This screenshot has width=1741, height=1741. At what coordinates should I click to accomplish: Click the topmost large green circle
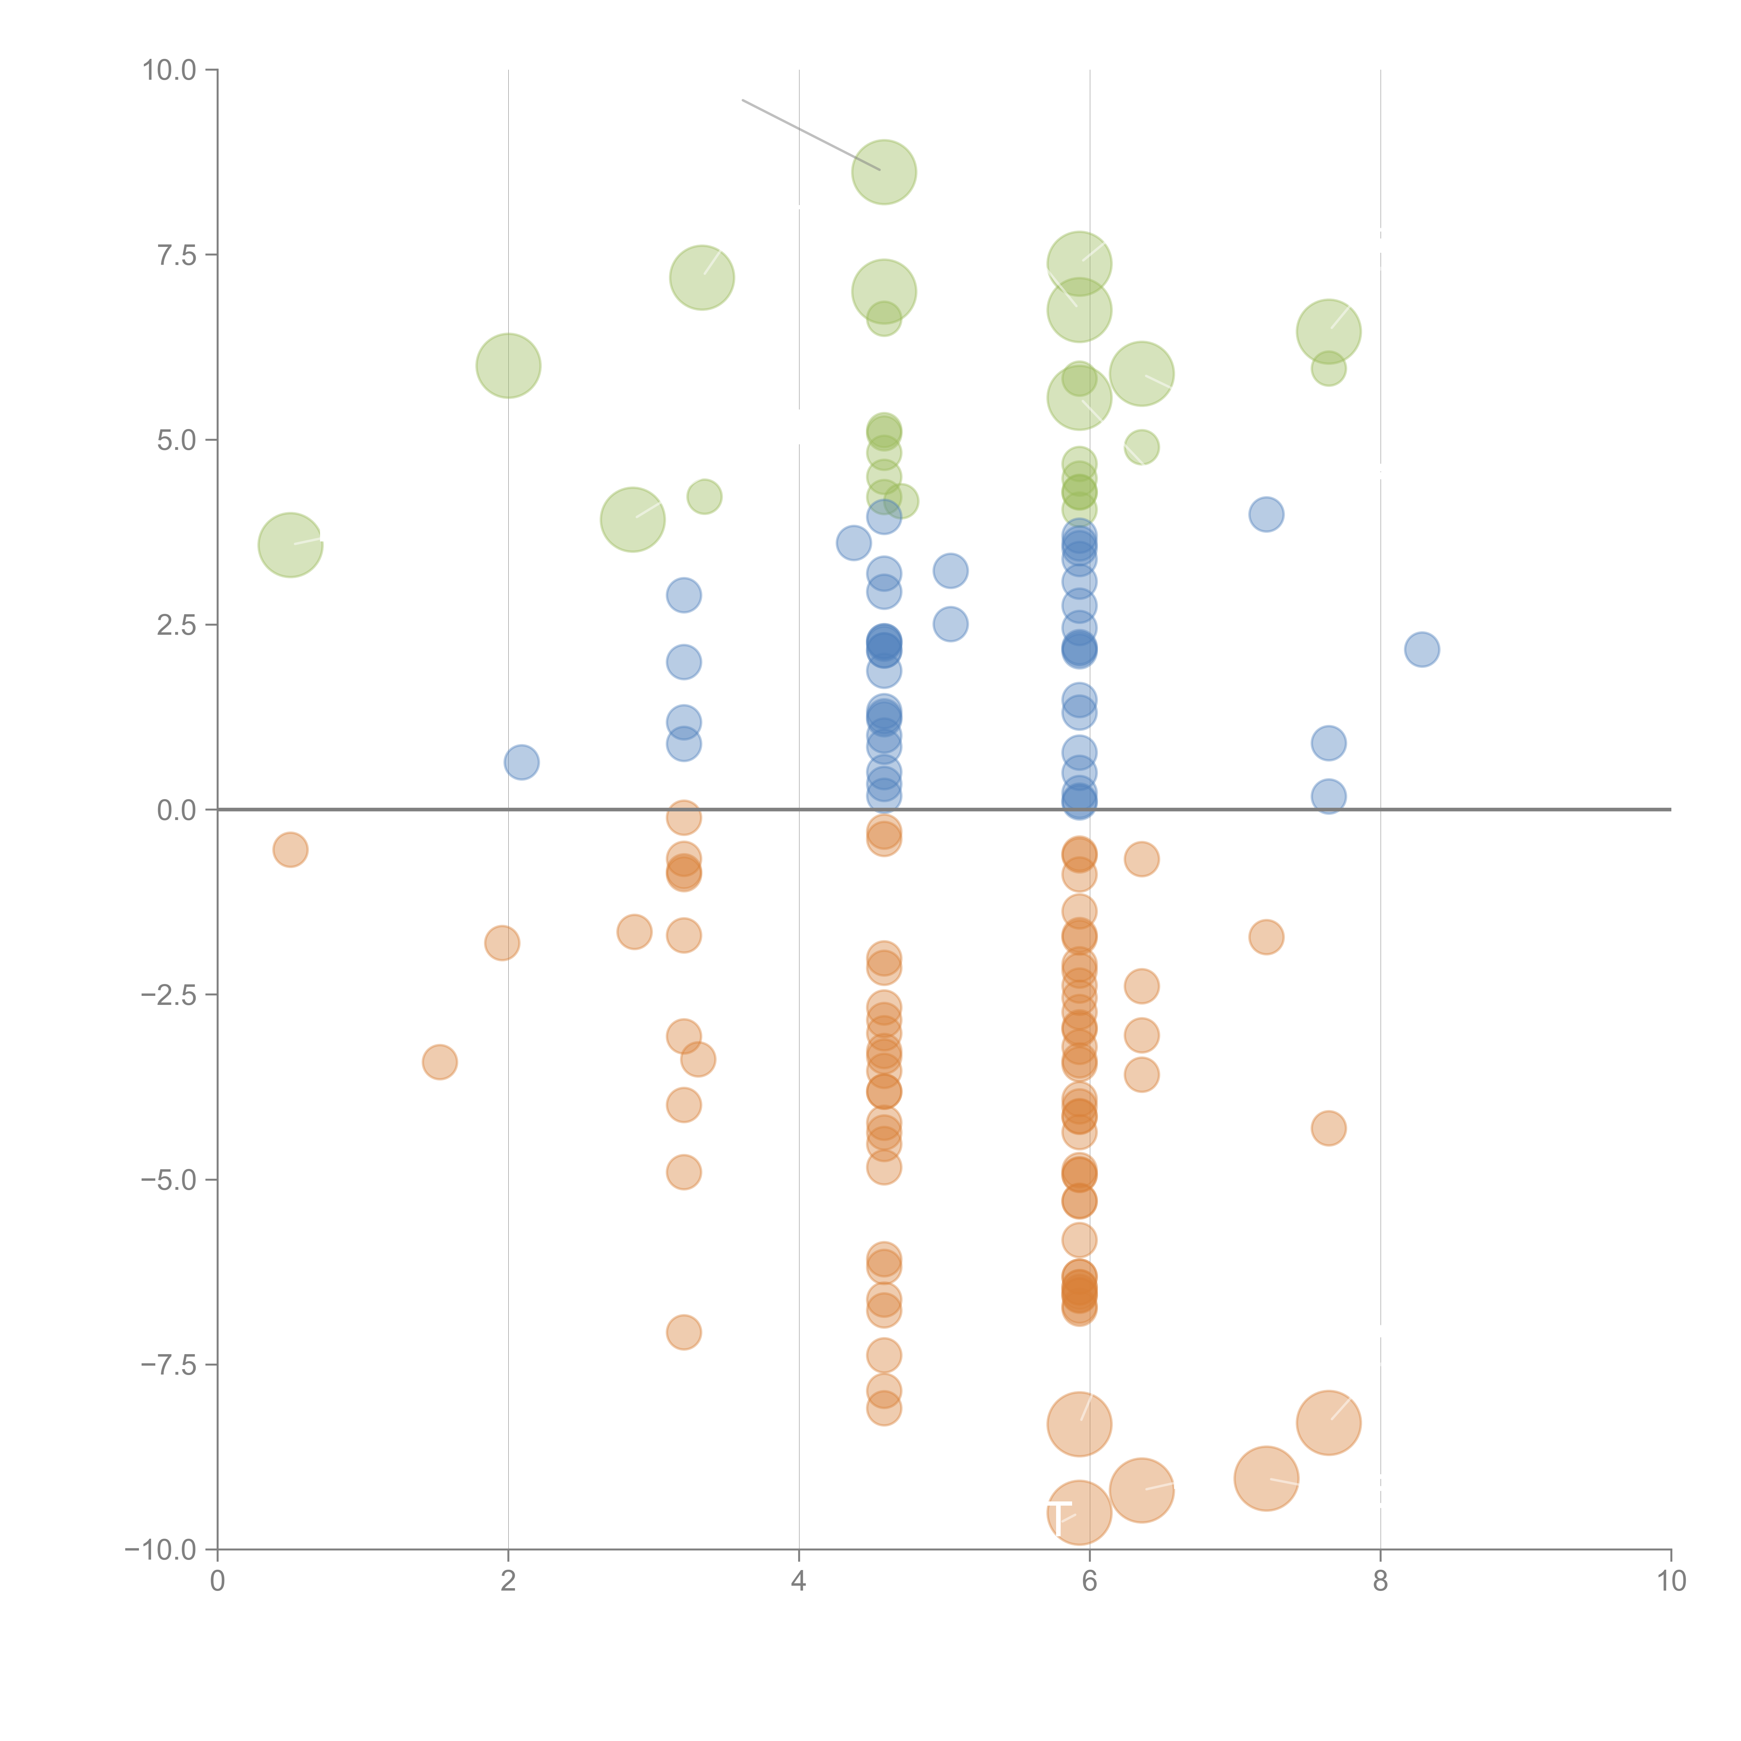point(884,172)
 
